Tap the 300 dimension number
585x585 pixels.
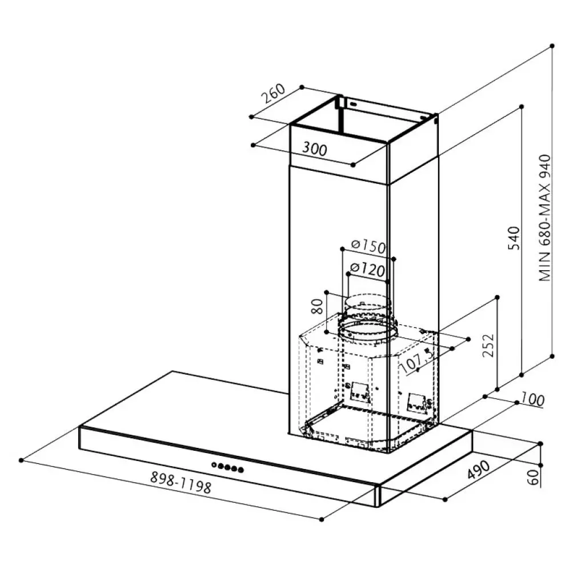click(x=315, y=149)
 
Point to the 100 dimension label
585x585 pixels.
click(x=532, y=399)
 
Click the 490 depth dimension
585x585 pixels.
click(x=479, y=470)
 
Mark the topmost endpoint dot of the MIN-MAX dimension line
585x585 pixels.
click(x=552, y=45)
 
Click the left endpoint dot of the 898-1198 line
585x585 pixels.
click(x=21, y=460)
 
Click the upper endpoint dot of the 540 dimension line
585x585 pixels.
click(x=522, y=106)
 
